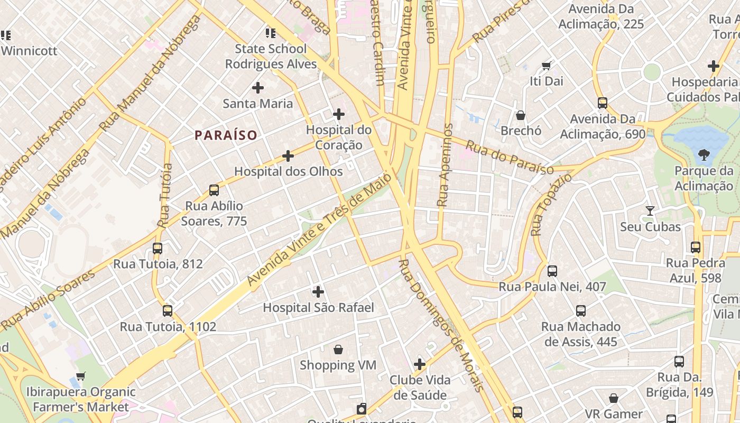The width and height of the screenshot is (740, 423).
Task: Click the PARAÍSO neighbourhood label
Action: (226, 135)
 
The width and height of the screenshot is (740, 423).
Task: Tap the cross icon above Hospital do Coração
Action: (339, 114)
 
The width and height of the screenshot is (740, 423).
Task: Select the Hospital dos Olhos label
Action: (289, 171)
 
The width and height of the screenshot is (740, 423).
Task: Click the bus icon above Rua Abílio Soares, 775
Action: (214, 190)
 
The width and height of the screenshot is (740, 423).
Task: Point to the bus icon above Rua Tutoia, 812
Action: (158, 248)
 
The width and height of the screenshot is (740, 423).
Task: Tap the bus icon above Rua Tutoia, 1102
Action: (168, 310)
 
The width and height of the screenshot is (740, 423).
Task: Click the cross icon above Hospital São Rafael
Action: (318, 291)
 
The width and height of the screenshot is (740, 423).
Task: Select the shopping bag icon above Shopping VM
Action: (338, 350)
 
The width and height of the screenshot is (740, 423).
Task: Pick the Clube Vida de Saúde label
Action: (420, 388)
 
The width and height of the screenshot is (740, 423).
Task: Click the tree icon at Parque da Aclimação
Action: (704, 155)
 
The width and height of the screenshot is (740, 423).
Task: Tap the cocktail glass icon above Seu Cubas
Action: (650, 211)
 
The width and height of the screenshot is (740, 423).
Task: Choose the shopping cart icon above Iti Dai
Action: (547, 66)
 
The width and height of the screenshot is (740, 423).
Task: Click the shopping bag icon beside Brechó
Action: (521, 115)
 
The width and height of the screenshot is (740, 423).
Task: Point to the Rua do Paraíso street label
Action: (510, 157)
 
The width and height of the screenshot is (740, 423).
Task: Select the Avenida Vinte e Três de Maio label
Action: (320, 230)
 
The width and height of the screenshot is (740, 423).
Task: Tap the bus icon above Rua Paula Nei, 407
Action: (552, 271)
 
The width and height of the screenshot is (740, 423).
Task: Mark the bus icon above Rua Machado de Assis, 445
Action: (581, 310)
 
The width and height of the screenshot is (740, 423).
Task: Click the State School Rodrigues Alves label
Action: (271, 56)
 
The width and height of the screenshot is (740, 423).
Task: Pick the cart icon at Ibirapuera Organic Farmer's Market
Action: (80, 376)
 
